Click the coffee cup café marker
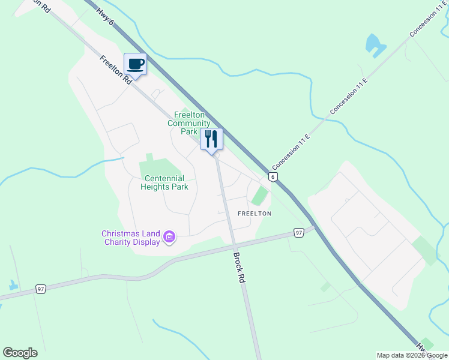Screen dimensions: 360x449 click(135, 65)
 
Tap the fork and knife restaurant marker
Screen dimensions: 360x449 click(211, 139)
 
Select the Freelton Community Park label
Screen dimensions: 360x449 click(189, 123)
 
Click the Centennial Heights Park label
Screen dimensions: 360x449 click(164, 182)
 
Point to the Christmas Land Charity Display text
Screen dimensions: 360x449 click(131, 238)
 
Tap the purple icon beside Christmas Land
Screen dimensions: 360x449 click(169, 238)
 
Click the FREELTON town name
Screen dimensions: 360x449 click(255, 214)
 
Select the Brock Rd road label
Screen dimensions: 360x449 click(239, 268)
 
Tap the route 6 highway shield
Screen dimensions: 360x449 click(273, 177)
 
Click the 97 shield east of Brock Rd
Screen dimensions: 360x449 click(299, 232)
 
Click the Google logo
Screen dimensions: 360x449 click(20, 353)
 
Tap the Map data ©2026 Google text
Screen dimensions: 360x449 click(412, 355)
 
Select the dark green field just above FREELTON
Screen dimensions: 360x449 click(259, 196)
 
